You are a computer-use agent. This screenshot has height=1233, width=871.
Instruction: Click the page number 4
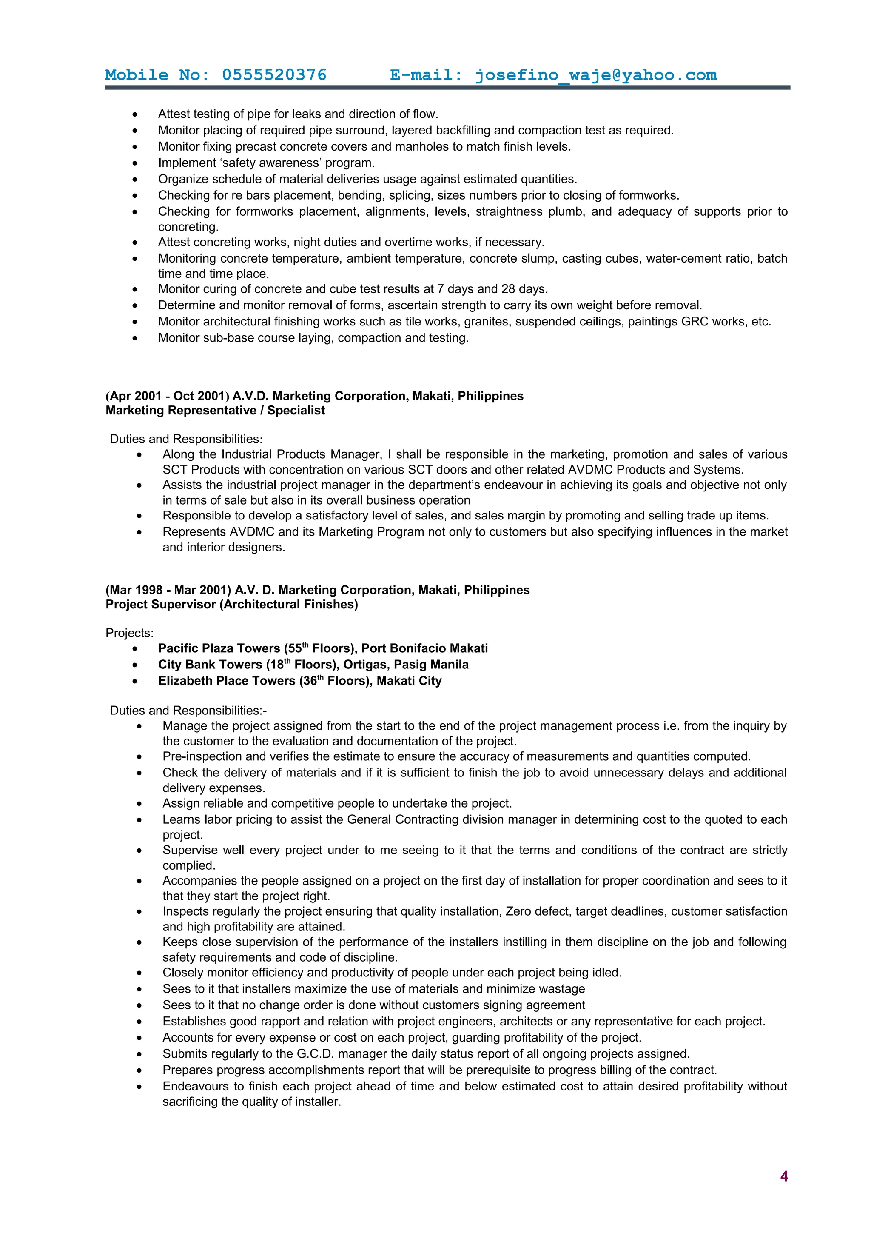(783, 1176)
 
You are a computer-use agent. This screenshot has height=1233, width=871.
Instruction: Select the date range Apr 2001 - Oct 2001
(168, 396)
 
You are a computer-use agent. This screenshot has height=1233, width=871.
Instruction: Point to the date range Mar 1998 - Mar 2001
(168, 590)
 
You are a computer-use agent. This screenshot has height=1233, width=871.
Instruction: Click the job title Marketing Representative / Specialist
(215, 410)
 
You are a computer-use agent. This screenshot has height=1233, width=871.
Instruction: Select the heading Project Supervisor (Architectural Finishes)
(231, 604)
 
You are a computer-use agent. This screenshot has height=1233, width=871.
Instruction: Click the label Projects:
(129, 633)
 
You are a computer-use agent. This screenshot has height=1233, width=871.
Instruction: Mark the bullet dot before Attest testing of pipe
(135, 114)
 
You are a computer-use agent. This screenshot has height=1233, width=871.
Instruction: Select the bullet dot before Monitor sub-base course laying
(135, 338)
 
